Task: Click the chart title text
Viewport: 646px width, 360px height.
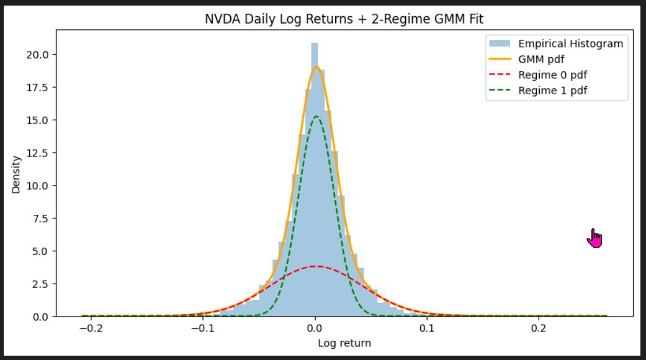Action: click(344, 19)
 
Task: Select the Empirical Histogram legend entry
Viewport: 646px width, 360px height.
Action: click(570, 43)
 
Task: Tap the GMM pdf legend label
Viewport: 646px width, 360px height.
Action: click(541, 60)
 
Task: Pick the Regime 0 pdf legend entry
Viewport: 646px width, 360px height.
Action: click(552, 75)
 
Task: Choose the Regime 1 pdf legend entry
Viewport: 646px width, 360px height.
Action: click(552, 91)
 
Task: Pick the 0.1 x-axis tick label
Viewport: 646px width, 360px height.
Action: click(427, 328)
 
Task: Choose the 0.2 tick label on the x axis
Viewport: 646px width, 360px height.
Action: click(539, 328)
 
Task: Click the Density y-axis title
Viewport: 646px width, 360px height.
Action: click(16, 174)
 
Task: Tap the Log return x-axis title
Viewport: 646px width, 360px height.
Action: click(344, 343)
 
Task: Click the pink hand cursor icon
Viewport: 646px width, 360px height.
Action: click(594, 238)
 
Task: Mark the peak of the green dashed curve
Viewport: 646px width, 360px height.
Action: click(316, 117)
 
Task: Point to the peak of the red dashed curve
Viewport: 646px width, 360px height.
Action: click(316, 266)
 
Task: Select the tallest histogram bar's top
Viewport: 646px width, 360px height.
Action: click(315, 44)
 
